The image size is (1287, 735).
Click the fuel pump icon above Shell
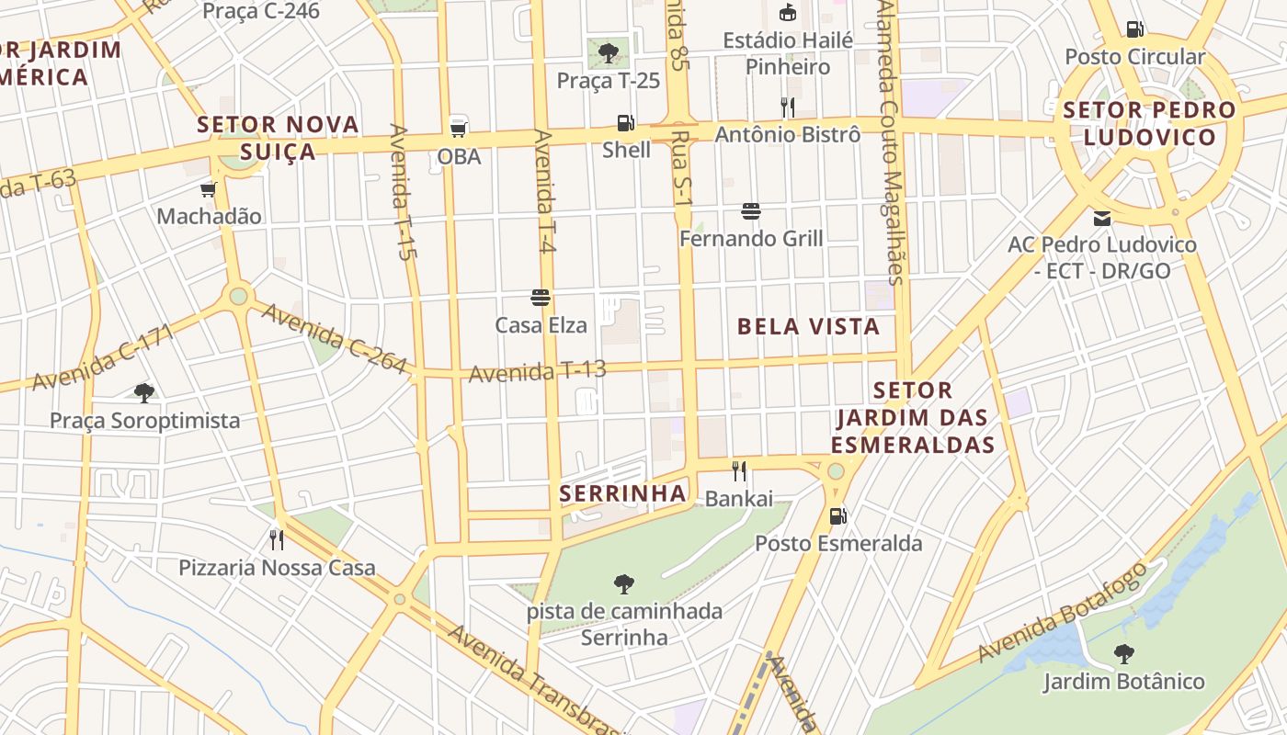[625, 122]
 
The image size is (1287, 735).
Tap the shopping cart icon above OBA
[458, 129]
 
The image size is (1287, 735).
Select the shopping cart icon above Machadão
[209, 189]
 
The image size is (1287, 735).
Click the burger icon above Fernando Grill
[751, 211]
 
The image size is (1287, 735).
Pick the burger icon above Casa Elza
[541, 297]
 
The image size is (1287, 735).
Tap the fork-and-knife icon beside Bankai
[739, 471]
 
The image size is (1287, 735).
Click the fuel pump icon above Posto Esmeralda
[837, 515]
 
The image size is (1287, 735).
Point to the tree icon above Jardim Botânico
[1123, 654]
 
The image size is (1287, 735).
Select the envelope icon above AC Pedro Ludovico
[1101, 219]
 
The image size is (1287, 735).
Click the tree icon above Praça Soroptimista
[143, 393]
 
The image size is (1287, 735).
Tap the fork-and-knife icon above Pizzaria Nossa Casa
[276, 539]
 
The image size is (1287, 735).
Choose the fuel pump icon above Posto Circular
[1134, 29]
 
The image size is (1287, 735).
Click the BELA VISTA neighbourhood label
[808, 326]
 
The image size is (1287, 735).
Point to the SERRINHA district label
[623, 493]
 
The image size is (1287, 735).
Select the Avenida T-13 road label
[538, 372]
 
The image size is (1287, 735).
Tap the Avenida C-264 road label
[334, 338]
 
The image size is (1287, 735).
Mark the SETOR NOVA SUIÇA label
[279, 137]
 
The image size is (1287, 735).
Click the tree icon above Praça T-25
[608, 52]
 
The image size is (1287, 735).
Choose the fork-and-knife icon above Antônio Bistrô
[788, 107]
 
